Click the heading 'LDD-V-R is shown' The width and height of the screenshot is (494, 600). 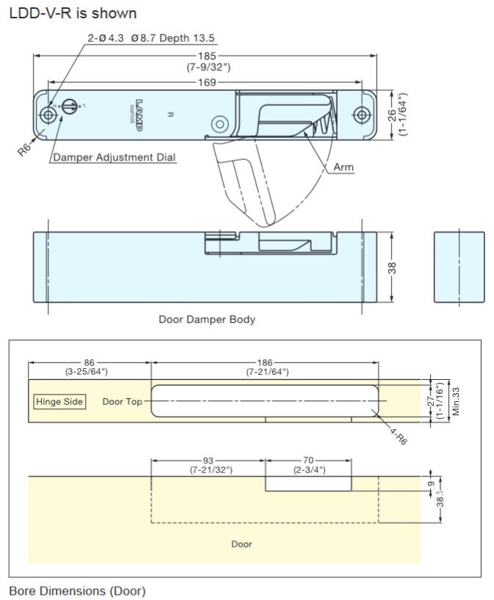click(73, 14)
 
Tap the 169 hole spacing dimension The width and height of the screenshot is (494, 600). click(207, 81)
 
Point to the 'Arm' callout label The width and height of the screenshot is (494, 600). click(344, 167)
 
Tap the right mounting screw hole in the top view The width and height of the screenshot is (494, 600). click(361, 114)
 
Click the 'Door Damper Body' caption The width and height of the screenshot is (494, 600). click(207, 320)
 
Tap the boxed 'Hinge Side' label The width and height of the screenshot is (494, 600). click(59, 402)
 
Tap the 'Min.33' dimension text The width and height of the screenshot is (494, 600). click(456, 400)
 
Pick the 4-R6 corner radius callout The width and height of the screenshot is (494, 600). click(400, 435)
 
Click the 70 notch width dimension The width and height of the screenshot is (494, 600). click(308, 461)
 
